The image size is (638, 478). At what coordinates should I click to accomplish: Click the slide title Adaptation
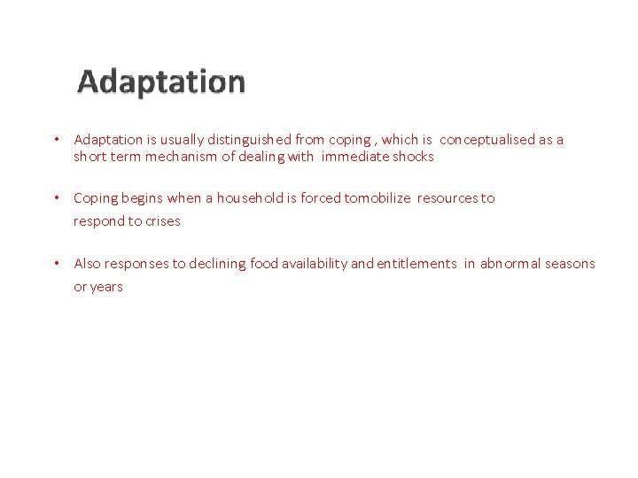[x=161, y=81]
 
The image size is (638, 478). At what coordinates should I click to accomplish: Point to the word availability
[x=314, y=264]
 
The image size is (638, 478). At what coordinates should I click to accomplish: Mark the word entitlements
[x=416, y=264]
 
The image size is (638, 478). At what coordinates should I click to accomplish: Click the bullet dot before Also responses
[x=55, y=264]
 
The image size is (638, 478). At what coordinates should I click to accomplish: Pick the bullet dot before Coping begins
[x=55, y=198]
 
